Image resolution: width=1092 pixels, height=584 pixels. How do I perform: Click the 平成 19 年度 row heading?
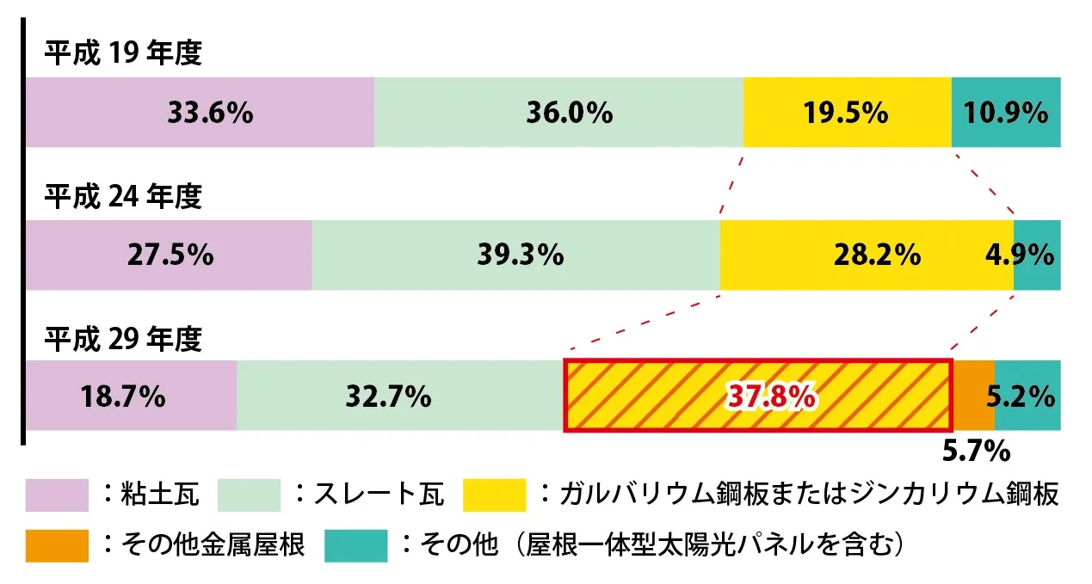pos(123,54)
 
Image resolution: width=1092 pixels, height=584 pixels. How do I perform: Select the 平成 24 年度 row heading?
pos(123,197)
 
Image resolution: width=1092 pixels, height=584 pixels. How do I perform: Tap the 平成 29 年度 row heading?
pos(123,339)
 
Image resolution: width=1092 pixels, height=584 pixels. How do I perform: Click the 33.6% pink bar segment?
pos(200,113)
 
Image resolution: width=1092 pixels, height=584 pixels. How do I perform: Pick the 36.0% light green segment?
pos(558,113)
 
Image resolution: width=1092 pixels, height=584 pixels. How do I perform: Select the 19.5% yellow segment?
pos(847,113)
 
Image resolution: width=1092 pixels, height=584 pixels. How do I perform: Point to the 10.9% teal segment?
pos(1006,113)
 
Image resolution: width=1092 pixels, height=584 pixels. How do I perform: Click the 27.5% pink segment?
pos(169,255)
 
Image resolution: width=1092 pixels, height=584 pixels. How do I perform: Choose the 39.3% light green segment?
pos(515,255)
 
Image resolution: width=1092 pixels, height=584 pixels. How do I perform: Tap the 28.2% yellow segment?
pos(867,255)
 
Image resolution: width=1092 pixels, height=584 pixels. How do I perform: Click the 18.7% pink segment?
pos(131,396)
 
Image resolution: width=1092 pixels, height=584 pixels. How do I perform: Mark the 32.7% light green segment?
pos(400,396)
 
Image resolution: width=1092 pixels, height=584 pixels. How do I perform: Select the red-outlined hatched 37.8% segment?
pos(757,396)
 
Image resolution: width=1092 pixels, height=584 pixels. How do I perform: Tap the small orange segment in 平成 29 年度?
pos(973,396)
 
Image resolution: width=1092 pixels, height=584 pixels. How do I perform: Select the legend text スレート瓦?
pos(379,495)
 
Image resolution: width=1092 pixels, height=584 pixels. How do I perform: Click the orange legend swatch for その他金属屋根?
pos(57,545)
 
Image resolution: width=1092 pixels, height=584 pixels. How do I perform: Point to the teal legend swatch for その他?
pos(355,545)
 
